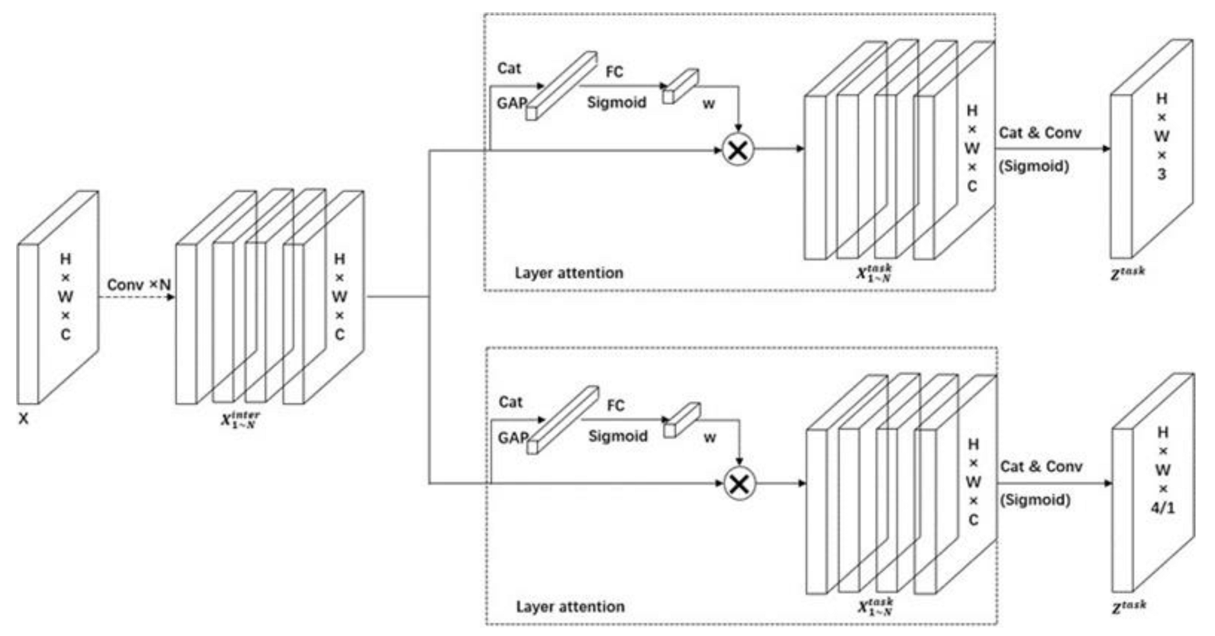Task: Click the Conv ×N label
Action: coord(138,285)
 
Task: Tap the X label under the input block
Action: coord(23,418)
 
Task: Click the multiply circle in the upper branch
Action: coord(738,150)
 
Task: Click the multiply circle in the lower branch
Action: coord(739,483)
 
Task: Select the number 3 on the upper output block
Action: coord(1161,174)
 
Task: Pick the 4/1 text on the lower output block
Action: coord(1162,508)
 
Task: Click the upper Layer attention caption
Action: coord(569,273)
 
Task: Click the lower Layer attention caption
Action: coord(570,606)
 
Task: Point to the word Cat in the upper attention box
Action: coord(509,68)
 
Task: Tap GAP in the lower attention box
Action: coord(512,438)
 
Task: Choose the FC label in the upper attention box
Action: coord(614,71)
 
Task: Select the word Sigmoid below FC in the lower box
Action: coord(617,436)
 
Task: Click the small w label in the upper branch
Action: coord(708,104)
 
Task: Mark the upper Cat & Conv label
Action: coord(1039,133)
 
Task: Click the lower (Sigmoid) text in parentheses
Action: coord(1035,500)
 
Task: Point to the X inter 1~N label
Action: coord(240,420)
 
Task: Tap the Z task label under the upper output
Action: coord(1127,273)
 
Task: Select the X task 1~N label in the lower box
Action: coord(875,606)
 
